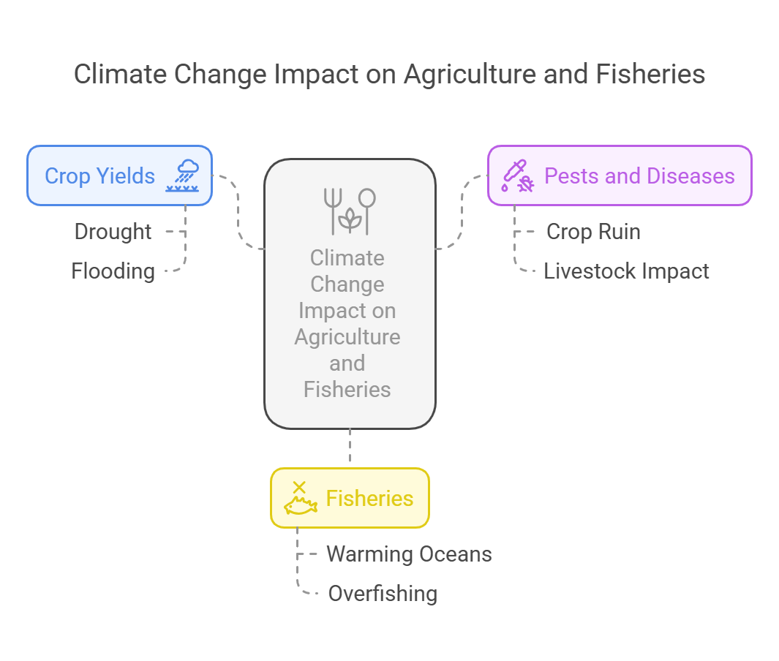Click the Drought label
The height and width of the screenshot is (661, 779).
113,232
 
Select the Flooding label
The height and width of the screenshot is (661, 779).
113,271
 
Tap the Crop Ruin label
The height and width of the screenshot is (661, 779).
593,232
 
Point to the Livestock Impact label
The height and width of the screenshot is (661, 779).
626,271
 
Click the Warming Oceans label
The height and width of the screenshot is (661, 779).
409,554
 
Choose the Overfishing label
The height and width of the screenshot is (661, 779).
383,594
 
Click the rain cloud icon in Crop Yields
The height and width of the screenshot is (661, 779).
182,175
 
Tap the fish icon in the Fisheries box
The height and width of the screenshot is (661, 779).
300,498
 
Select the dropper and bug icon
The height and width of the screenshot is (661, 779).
518,175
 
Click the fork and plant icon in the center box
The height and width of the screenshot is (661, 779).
350,211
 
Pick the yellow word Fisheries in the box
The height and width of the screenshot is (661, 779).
369,498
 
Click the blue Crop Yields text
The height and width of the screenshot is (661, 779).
100,175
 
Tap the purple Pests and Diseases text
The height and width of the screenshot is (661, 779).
639,175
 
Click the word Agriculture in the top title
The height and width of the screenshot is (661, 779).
470,75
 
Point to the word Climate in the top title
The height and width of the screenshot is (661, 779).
120,75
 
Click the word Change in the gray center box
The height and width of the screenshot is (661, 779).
347,284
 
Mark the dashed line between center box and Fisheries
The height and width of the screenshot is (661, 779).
350,445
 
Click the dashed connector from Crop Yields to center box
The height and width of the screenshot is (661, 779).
238,211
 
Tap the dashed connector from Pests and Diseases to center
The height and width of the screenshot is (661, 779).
462,211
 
